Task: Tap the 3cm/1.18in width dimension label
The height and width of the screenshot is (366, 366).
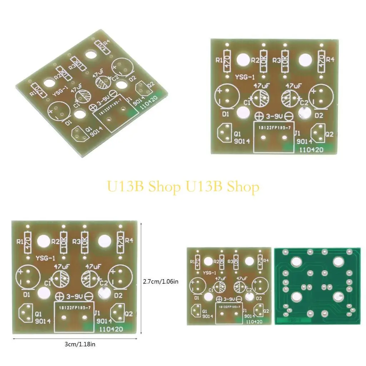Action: click(x=80, y=345)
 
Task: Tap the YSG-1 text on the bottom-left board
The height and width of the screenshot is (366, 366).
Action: click(x=45, y=258)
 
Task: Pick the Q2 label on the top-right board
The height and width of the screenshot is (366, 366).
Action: click(x=330, y=134)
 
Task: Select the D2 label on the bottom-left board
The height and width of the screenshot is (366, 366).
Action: click(x=118, y=295)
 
